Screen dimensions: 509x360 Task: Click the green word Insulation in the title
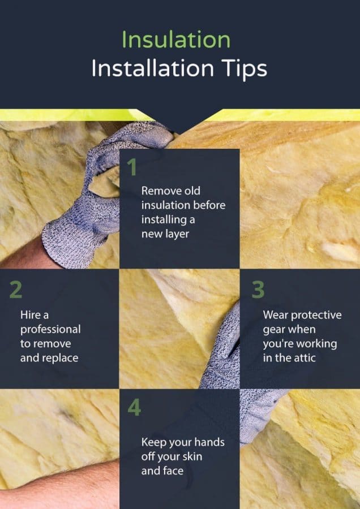(x=176, y=40)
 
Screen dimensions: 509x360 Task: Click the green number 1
(x=132, y=168)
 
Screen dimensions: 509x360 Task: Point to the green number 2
(x=15, y=289)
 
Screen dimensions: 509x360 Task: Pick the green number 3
(x=258, y=289)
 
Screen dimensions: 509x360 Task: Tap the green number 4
(x=134, y=408)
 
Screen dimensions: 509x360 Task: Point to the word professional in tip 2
(x=50, y=329)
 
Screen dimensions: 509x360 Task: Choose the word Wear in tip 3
(x=275, y=314)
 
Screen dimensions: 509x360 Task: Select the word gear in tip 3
(x=274, y=329)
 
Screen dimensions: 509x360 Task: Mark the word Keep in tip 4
(x=153, y=442)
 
